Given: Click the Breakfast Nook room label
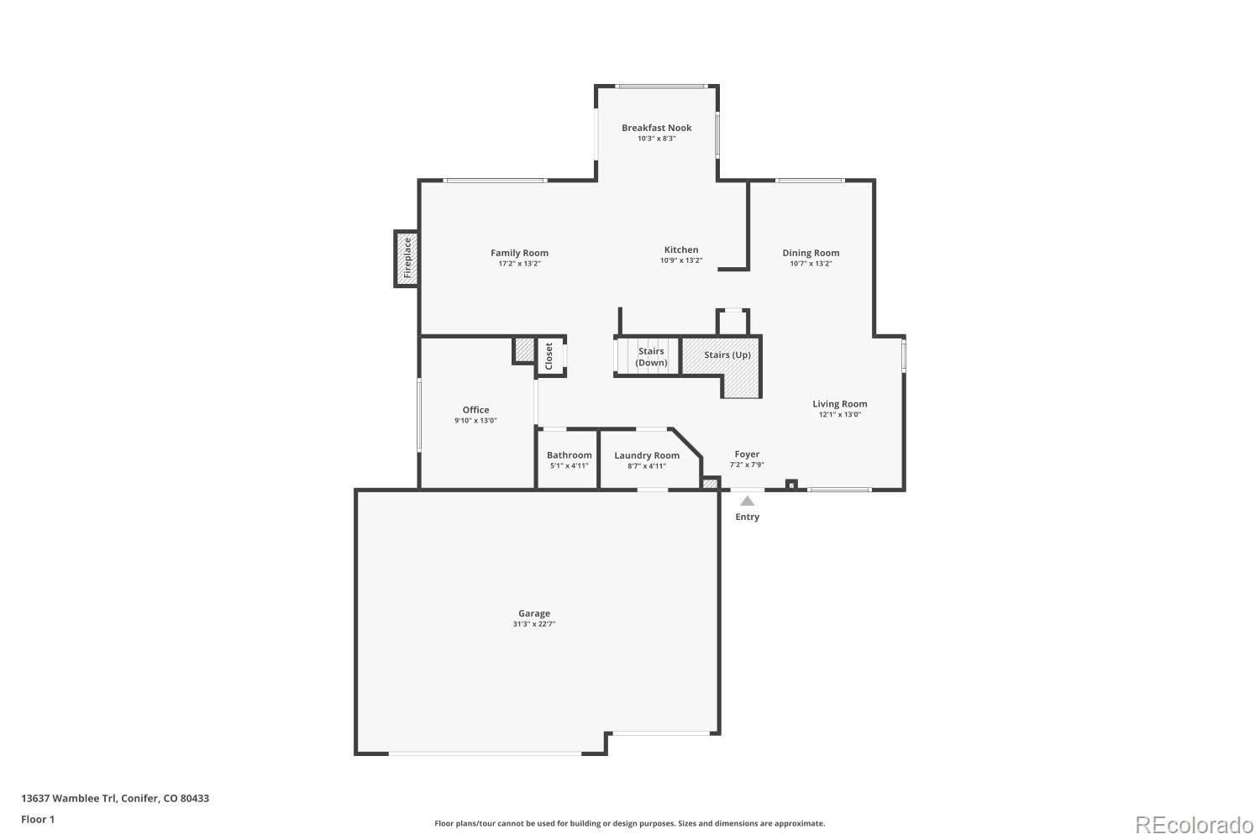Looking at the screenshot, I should click(656, 128).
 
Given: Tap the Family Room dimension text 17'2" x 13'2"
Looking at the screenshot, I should click(519, 264).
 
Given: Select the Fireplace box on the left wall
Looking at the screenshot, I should click(407, 259).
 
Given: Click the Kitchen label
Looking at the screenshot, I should click(681, 249).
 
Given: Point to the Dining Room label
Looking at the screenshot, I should click(811, 253).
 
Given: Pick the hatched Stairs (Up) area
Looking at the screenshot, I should click(727, 355).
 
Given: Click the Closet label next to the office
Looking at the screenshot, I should click(549, 356).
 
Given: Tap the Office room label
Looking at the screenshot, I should click(475, 410).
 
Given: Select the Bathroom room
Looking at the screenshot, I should click(569, 459).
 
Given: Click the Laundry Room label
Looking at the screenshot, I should click(647, 455).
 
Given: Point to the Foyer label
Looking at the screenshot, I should click(747, 454).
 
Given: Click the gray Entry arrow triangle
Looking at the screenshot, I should click(747, 501).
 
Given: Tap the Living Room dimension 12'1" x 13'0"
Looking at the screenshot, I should click(839, 415).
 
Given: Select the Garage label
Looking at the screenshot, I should click(534, 613).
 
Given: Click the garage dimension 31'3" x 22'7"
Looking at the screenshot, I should click(534, 624).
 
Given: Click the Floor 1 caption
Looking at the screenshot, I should click(38, 819).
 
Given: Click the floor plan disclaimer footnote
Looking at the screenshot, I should click(629, 824).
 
